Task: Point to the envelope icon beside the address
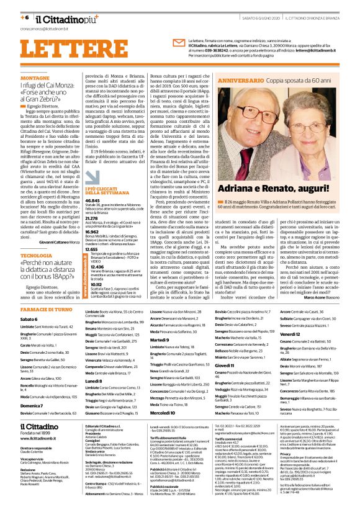tap(178, 42)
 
